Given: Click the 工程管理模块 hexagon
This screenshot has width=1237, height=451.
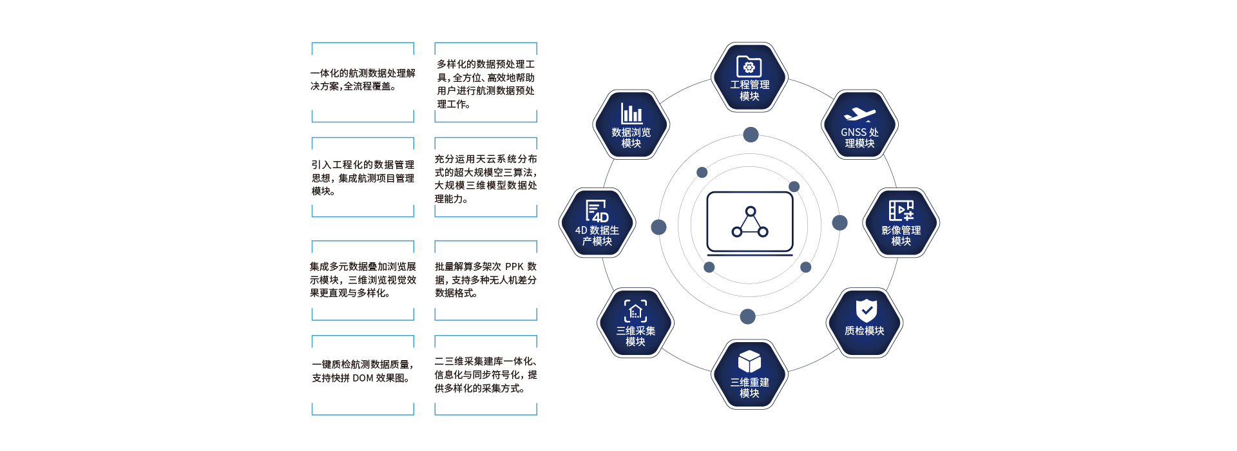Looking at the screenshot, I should click(x=749, y=77).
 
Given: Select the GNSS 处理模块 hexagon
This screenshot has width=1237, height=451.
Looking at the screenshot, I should click(x=859, y=125).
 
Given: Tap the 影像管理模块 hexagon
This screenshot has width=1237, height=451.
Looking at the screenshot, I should click(x=901, y=223).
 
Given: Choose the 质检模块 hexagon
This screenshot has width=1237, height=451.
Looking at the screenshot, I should click(x=865, y=322).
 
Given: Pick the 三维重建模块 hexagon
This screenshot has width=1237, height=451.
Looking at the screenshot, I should click(x=749, y=374).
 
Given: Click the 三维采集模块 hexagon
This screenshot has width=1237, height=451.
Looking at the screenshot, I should click(x=635, y=323).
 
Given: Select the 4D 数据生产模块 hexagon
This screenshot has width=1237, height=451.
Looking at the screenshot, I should click(x=597, y=223).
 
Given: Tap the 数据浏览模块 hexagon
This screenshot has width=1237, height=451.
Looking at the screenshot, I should click(x=631, y=125).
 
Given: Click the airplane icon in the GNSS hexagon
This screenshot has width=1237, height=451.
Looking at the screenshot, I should click(x=859, y=115).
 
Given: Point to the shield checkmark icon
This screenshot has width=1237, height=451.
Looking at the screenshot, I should click(x=866, y=310).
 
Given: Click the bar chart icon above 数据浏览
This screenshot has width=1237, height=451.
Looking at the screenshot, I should click(x=631, y=113).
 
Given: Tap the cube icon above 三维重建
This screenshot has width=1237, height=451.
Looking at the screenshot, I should click(x=749, y=361).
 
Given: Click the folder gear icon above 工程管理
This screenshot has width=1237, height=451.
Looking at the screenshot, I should click(x=749, y=66).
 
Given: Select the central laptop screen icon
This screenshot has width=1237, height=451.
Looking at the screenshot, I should click(x=750, y=222).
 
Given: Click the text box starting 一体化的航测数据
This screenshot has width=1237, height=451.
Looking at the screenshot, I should click(x=363, y=80).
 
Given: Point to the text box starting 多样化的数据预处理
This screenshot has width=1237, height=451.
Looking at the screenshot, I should click(x=486, y=84).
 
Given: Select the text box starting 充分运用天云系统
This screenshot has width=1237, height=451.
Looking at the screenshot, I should click(x=486, y=179).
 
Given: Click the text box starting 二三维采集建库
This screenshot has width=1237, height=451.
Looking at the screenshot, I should click(x=486, y=375).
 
